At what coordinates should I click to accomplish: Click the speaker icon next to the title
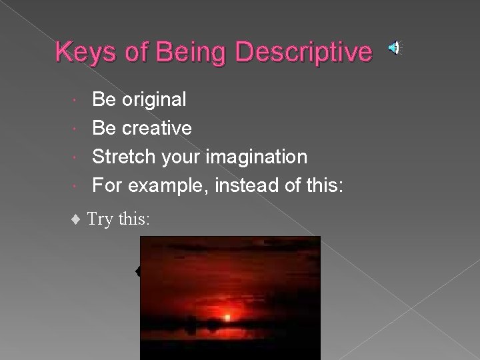click(395, 47)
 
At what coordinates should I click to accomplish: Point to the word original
click(154, 100)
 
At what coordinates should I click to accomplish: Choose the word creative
click(157, 128)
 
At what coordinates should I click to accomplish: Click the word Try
click(101, 219)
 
